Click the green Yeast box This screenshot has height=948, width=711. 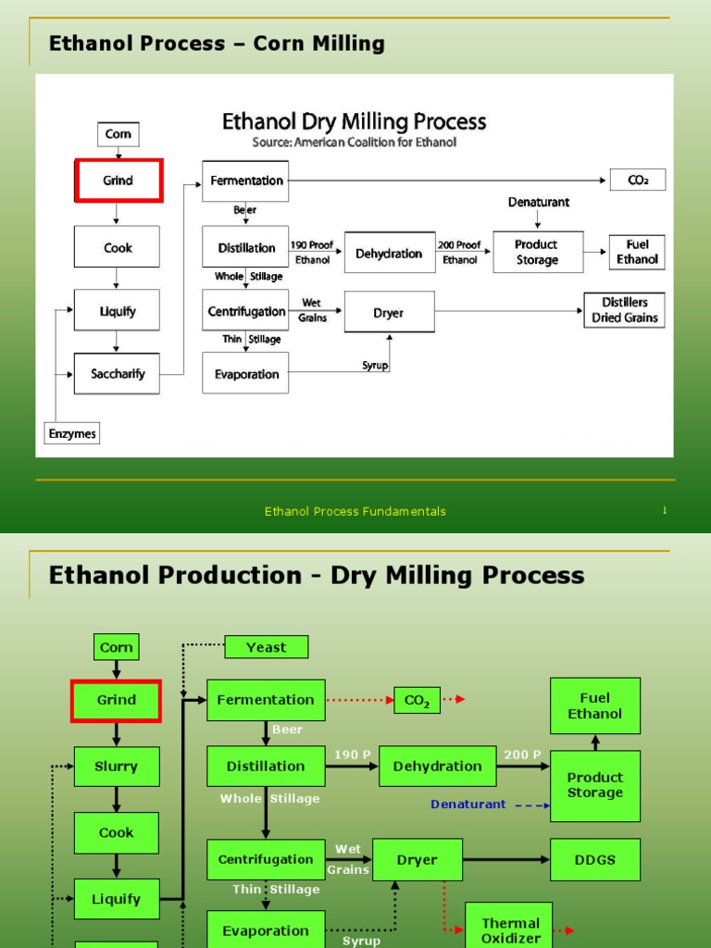tap(266, 647)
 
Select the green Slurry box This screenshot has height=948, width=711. tap(117, 767)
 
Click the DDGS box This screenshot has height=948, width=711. tap(594, 859)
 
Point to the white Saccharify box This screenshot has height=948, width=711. tap(117, 374)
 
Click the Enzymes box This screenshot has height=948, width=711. tap(71, 432)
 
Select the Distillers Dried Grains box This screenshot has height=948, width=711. tap(623, 310)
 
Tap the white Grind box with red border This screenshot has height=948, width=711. tap(118, 181)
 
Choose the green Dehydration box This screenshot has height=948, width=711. tap(437, 767)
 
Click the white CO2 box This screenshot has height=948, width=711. tap(637, 181)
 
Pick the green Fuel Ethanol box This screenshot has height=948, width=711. tap(594, 705)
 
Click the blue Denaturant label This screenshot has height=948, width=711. tap(468, 805)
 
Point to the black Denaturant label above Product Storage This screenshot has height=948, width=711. tap(538, 202)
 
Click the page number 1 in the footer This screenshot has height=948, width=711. tap(664, 510)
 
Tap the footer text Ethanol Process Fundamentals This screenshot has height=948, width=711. tap(355, 511)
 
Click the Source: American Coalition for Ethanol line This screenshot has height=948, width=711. tap(354, 143)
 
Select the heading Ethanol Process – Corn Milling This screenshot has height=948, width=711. tap(217, 44)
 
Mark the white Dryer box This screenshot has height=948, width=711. tap(389, 313)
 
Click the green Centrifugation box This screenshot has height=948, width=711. tap(266, 859)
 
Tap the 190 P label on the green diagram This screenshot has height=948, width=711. tap(352, 755)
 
